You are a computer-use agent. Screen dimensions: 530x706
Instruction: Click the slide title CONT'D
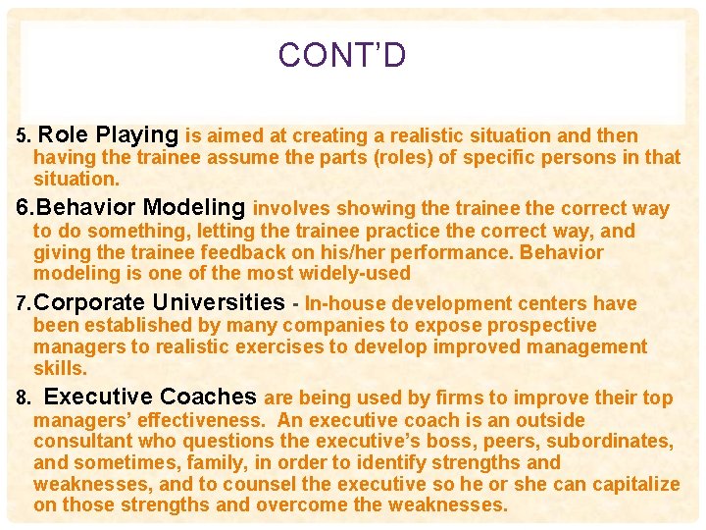[341, 55]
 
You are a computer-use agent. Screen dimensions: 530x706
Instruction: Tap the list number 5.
[25, 136]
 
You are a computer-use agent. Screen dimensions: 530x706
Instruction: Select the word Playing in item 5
[138, 135]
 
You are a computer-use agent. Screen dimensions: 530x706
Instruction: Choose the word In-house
[345, 303]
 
